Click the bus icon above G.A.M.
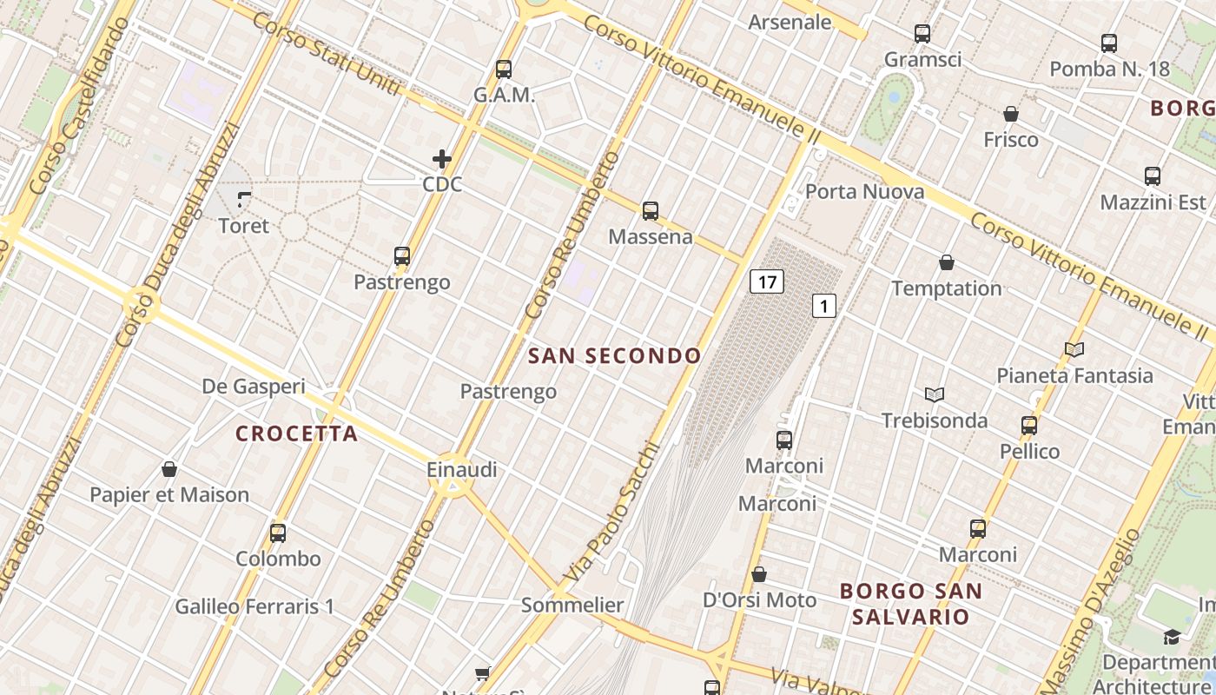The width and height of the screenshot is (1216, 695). pos(504,69)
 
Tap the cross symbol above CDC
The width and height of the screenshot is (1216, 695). pos(442,159)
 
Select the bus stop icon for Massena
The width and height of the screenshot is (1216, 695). pos(651,210)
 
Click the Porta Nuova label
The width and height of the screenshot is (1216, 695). pos(864,191)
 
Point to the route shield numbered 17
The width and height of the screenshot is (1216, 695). pos(766,281)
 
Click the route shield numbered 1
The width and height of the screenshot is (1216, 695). pos(823,306)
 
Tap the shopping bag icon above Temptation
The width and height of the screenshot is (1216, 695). pos(947,262)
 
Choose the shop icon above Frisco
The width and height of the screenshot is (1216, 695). pos(1011,114)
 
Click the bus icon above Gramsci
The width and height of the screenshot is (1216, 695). pos(922,34)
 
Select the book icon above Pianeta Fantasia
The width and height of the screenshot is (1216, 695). pos(1074,349)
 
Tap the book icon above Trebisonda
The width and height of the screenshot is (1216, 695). pos(935,395)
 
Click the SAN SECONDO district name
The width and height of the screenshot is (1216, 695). pos(614,355)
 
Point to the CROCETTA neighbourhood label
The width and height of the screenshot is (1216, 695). pos(297,434)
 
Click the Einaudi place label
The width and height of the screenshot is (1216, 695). pos(462,470)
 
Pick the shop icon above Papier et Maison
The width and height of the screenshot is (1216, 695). pos(169,469)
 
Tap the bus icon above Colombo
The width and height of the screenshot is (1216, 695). pos(278,533)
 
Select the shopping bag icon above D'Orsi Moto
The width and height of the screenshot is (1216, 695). pos(759,574)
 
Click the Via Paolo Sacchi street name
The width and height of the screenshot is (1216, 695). pos(612,514)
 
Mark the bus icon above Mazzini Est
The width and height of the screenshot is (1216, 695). pos(1153,176)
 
